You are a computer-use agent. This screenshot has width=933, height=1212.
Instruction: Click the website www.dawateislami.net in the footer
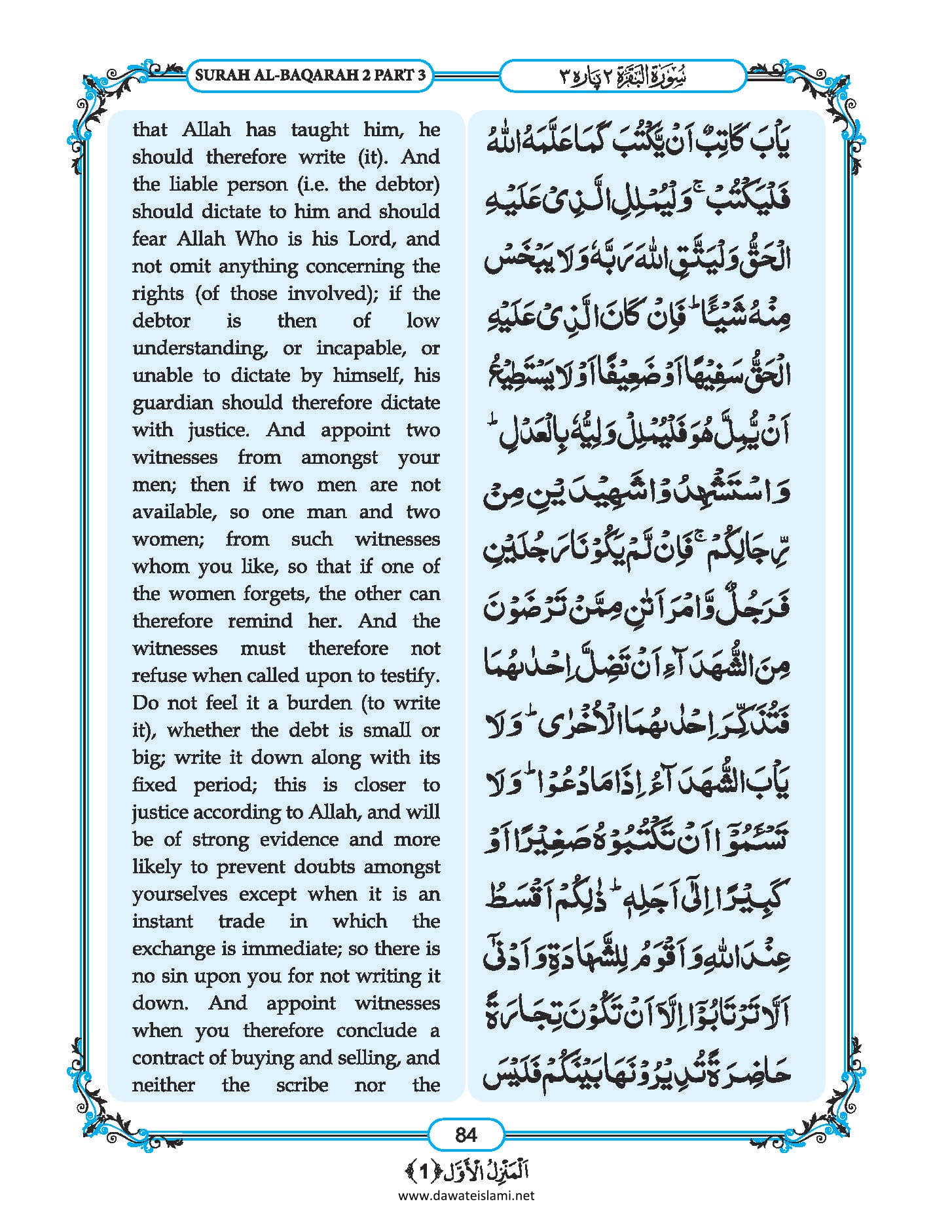coord(466,1195)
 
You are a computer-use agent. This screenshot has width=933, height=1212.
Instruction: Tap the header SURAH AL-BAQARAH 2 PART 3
coord(310,75)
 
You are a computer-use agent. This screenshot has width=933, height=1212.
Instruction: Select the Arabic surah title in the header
coord(623,76)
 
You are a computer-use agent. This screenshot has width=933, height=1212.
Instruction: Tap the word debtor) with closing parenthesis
coord(407,184)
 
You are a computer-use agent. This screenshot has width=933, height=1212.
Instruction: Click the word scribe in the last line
coord(302,1085)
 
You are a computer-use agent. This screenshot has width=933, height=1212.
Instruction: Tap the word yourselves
coord(180,894)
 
